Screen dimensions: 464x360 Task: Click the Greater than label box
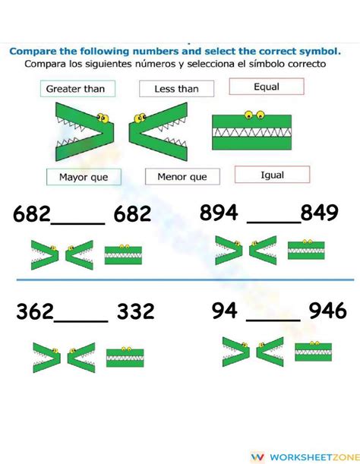coord(75,89)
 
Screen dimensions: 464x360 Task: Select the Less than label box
coord(176,89)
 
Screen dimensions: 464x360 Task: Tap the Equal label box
coord(267,87)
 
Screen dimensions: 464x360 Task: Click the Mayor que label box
coord(83,178)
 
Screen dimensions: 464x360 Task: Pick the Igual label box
coord(271,175)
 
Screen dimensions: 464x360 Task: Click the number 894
coord(219,213)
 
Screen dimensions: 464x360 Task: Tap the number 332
coord(136,311)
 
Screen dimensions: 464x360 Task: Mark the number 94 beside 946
coord(226,310)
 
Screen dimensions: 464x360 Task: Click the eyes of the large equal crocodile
coord(254,115)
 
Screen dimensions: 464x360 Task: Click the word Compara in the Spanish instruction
coord(45,64)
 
